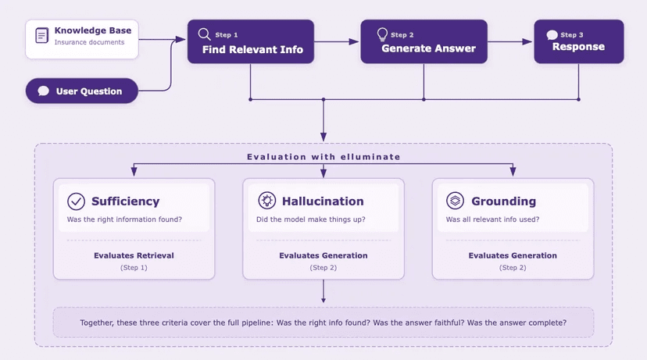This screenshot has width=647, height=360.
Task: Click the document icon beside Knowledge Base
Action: (x=42, y=35)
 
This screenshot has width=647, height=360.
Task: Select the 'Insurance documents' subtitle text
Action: (x=89, y=42)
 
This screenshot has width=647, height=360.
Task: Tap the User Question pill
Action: (x=82, y=91)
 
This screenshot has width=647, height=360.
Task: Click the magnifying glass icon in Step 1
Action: (x=204, y=34)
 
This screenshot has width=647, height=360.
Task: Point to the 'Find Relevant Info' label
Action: (x=252, y=50)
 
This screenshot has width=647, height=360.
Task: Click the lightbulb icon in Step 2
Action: (x=382, y=34)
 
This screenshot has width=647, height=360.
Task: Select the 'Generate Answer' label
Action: (x=428, y=48)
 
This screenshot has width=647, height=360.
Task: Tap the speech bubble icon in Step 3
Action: (x=552, y=35)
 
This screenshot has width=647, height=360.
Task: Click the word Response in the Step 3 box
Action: (x=578, y=47)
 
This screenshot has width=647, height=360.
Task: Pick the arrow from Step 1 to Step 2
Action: (x=337, y=41)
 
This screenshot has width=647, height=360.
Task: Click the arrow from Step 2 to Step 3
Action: (x=510, y=41)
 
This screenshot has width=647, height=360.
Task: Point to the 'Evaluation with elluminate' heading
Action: (x=323, y=157)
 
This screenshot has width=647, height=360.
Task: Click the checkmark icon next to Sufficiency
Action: (x=76, y=201)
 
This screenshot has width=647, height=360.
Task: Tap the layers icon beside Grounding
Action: (x=455, y=201)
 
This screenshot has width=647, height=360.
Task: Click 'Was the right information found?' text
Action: (x=125, y=219)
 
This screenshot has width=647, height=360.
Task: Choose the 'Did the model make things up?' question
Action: (x=311, y=219)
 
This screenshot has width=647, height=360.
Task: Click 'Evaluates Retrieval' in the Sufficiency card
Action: (x=134, y=255)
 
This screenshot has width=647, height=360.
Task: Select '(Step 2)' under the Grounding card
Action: (x=513, y=267)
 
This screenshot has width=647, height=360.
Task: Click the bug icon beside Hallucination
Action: (x=266, y=201)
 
